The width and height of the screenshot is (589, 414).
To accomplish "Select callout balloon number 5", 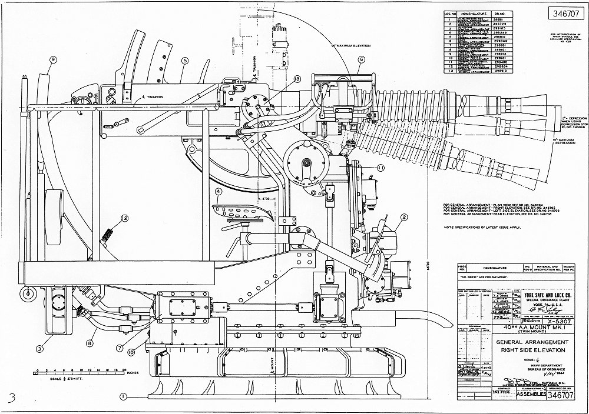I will click(185, 60).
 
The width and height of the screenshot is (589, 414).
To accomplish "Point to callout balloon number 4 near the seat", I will click(218, 191).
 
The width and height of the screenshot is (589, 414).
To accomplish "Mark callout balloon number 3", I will click(39, 349).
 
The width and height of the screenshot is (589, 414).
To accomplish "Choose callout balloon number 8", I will click(90, 343).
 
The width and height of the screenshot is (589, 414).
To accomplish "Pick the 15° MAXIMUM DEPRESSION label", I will click(566, 142).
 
